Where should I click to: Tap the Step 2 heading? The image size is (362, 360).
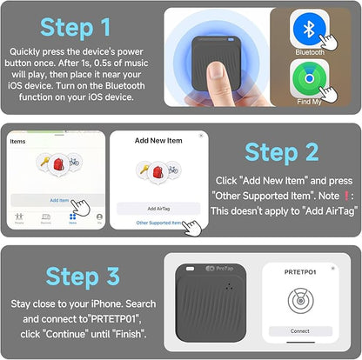[284, 151]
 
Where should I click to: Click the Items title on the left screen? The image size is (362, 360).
[17, 140]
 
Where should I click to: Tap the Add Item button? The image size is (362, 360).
[59, 200]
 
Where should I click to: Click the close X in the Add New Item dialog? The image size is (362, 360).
[201, 136]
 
